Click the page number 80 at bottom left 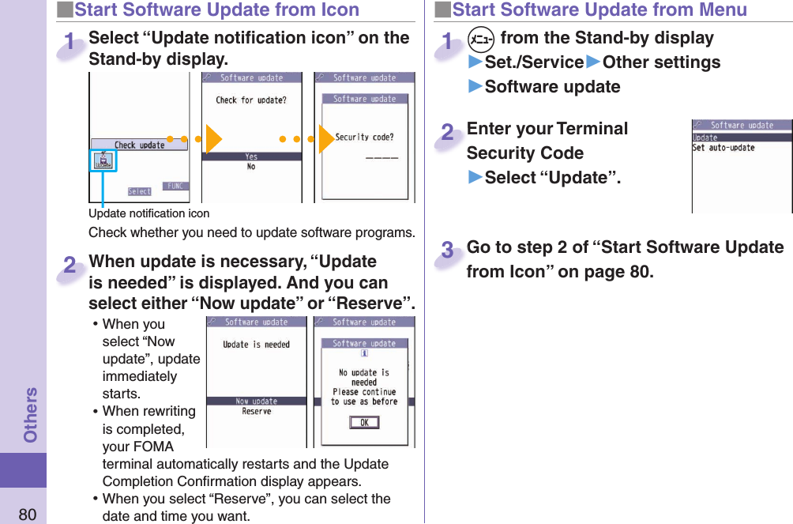point(27,515)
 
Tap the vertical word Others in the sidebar point(30,415)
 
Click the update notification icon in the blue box point(103,161)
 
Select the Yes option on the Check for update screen point(251,156)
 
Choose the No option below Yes point(251,167)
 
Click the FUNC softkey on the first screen point(176,186)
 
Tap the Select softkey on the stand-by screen point(140,191)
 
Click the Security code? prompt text point(364,137)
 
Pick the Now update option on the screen point(256,401)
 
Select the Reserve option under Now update point(256,412)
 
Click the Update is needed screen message point(256,345)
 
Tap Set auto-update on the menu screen point(723,148)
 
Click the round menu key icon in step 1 point(478,38)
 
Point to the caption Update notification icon point(148,213)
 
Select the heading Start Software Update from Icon point(216,10)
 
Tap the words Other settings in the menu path point(661,62)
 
